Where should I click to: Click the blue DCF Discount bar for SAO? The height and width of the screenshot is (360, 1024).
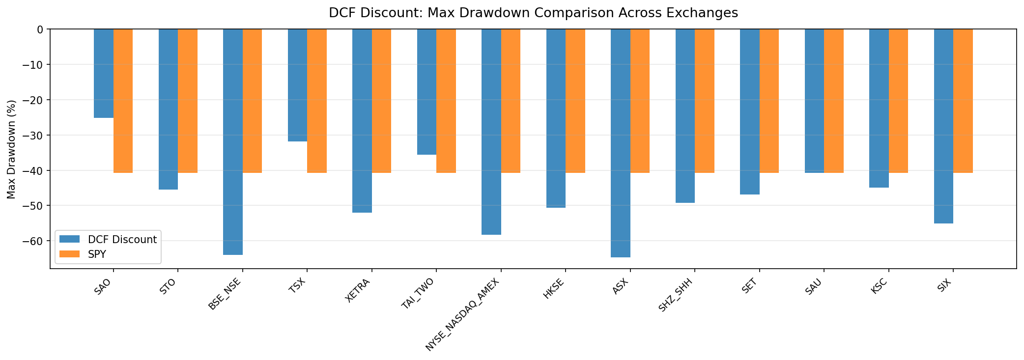pyautogui.click(x=104, y=74)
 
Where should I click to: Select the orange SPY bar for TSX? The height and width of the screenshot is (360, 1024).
pyautogui.click(x=317, y=101)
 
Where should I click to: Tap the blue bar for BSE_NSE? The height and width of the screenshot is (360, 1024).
pyautogui.click(x=233, y=142)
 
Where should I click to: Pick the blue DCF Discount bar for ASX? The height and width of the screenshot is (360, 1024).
pyautogui.click(x=621, y=143)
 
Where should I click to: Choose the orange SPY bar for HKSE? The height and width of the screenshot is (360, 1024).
pyautogui.click(x=575, y=101)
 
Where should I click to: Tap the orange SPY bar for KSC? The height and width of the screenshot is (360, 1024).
pyautogui.click(x=898, y=101)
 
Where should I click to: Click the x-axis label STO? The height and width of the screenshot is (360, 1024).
pyautogui.click(x=168, y=287)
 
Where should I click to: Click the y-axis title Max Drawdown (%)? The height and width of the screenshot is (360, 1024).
pyautogui.click(x=12, y=149)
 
